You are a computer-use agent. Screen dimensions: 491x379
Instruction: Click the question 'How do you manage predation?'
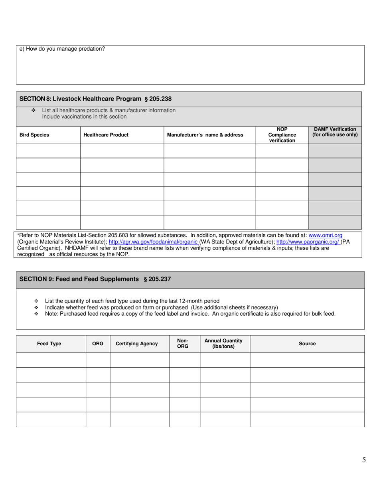62,49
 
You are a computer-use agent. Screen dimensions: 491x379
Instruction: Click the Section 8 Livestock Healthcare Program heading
96,99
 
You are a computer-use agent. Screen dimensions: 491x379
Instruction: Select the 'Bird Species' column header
34,135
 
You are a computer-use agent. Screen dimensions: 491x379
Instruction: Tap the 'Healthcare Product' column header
106,135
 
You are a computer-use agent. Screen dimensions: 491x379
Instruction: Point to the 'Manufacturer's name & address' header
205,135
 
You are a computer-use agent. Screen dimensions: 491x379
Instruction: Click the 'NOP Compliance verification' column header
282,135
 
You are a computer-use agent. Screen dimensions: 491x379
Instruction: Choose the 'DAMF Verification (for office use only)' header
335,132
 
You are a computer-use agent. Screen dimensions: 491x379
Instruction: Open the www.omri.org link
326,236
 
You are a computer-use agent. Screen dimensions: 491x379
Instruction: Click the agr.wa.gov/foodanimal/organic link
153,242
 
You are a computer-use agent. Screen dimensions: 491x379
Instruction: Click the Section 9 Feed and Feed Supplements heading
95,279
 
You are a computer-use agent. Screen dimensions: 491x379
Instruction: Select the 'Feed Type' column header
49,344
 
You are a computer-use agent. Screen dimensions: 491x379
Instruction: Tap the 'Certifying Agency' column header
136,344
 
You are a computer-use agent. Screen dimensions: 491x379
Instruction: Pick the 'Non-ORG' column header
183,343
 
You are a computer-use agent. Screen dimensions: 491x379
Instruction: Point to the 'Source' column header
307,344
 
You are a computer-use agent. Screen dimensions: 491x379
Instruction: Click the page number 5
364,460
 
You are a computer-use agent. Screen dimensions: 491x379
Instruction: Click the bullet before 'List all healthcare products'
34,111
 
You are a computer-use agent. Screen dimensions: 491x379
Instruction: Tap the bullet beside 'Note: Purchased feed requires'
36,314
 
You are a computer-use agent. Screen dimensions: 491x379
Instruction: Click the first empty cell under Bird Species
48,151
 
